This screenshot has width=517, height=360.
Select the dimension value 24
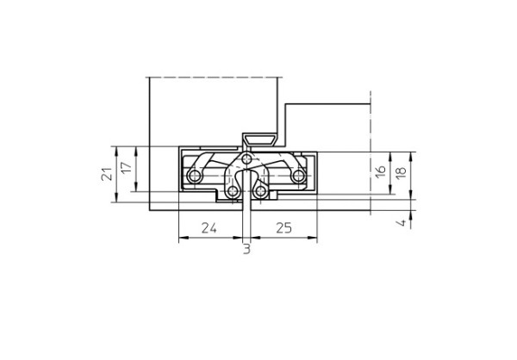pos(208,228)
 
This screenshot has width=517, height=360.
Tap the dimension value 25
pos(284,228)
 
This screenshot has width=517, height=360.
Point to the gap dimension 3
pos(246,250)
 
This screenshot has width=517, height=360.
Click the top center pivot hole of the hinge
pos(247,160)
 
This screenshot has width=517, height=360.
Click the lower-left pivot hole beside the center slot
pos(232,189)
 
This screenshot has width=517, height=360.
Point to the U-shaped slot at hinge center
pos(247,183)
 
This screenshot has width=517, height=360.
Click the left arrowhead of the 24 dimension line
pos(180,239)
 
